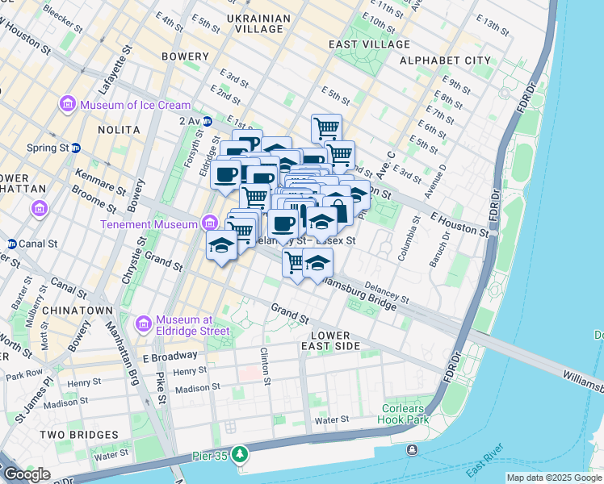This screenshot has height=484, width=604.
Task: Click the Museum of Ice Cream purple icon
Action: [67, 105]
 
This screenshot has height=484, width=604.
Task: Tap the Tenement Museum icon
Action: [210, 223]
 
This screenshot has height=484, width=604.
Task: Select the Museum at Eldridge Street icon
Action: [145, 324]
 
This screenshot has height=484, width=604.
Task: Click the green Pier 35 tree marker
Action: [239, 455]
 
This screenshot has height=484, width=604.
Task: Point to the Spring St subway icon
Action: [75, 148]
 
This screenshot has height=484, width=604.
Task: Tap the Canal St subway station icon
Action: [11, 244]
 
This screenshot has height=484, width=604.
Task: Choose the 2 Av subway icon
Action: [208, 121]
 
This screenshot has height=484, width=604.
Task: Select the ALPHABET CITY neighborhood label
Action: [456, 60]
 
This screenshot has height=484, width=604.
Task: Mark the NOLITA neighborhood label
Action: [119, 129]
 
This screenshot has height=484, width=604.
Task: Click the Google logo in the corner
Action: [26, 474]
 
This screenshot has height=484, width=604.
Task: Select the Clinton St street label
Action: [264, 354]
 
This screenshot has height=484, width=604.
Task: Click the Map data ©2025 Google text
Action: [554, 478]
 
